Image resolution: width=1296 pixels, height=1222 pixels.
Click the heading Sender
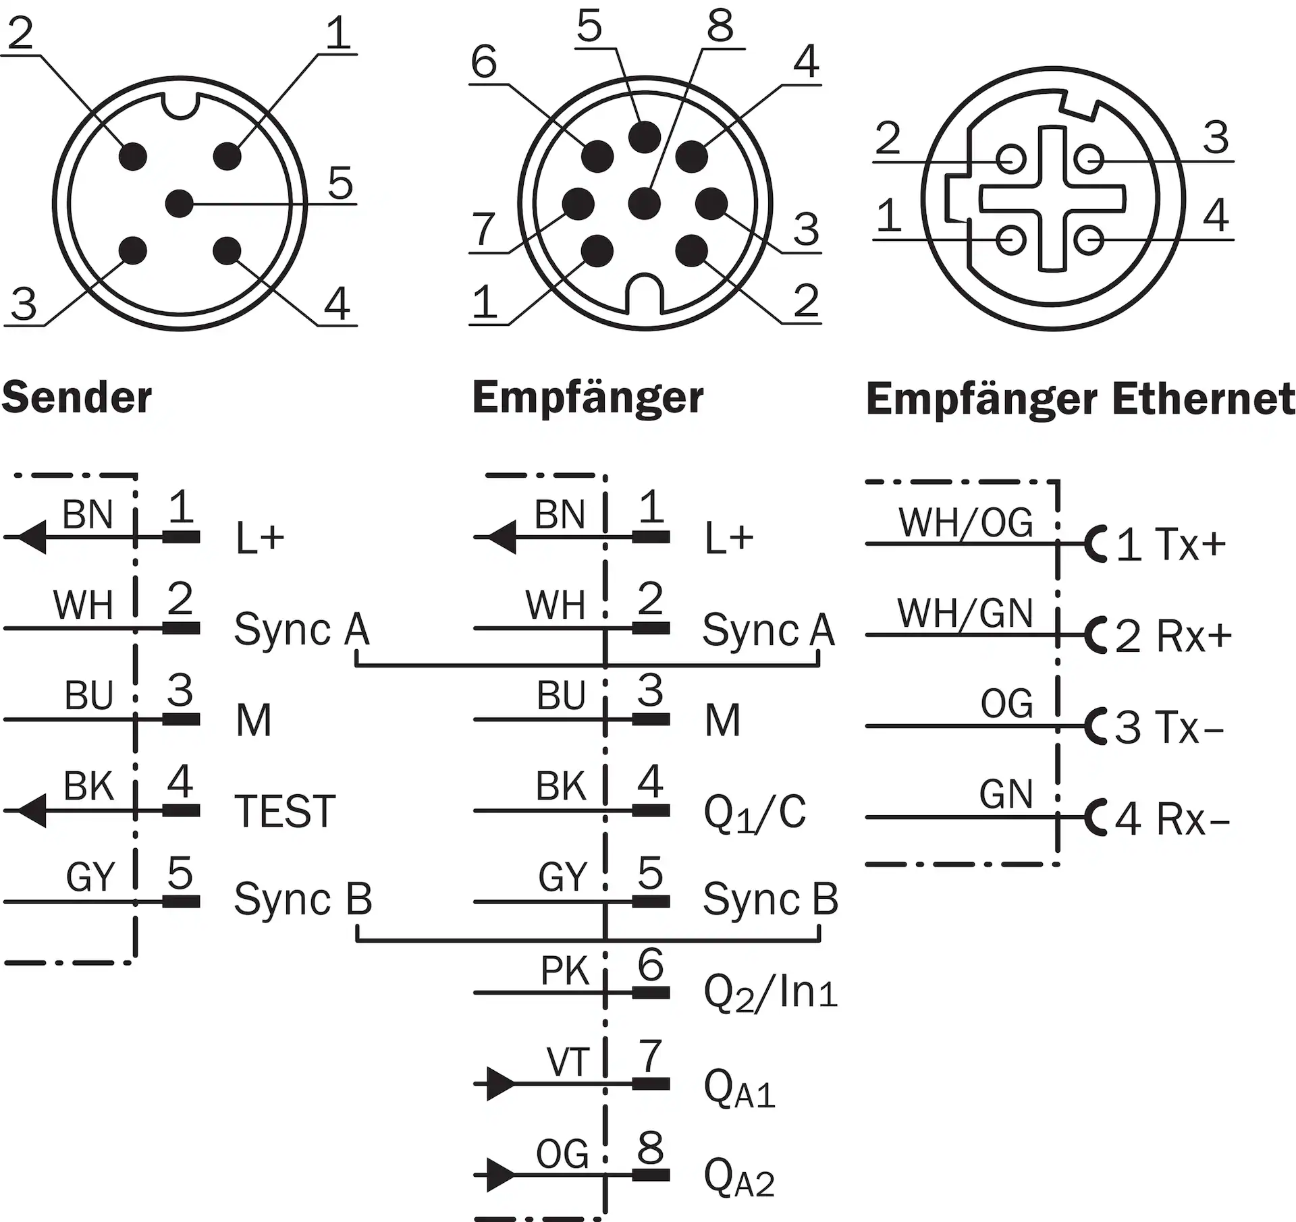pos(76,397)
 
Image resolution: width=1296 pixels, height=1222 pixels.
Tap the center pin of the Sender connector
pos(179,203)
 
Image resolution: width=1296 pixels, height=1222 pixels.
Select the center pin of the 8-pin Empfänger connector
pos(644,202)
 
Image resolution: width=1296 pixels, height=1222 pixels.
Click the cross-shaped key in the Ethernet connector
pos(1052,199)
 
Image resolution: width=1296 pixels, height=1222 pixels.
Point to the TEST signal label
pos(285,811)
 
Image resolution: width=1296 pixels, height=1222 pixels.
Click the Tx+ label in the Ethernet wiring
pos(1190,544)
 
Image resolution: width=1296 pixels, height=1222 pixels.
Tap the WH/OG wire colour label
pos(965,523)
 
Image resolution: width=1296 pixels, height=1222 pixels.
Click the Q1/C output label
pos(755,812)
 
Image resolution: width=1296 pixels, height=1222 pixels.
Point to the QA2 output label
pos(739,1176)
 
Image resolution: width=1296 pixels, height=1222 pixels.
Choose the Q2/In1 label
pos(770,993)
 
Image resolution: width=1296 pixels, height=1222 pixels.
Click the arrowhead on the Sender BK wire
pos(31,810)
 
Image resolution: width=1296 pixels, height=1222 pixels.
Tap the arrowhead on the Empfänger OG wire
pos(500,1175)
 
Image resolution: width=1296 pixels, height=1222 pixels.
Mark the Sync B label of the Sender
pos(303,899)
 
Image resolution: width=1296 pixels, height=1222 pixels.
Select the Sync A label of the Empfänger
pos(769,630)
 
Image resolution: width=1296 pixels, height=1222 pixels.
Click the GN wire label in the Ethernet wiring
pos(1006,795)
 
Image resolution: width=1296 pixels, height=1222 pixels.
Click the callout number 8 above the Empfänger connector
pos(720,27)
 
